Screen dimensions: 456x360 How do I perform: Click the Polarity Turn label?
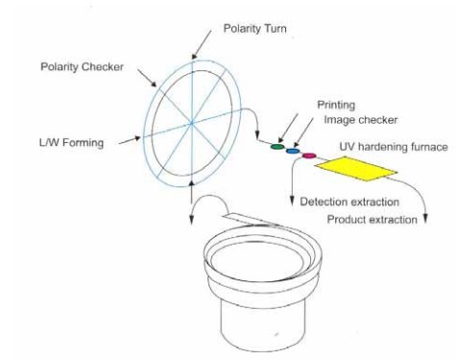(x=254, y=29)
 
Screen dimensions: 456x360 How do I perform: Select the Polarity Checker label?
(x=82, y=67)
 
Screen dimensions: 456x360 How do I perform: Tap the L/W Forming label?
(x=71, y=142)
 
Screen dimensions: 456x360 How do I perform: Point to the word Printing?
(x=336, y=105)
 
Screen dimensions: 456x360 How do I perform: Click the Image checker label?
(x=361, y=120)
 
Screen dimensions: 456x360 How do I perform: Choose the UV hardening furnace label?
(x=394, y=147)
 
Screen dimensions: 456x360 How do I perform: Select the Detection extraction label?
(x=349, y=202)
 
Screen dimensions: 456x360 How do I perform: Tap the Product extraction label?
(x=372, y=220)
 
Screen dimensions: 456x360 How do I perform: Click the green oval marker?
(x=277, y=147)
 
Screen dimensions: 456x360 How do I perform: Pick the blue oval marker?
(x=293, y=151)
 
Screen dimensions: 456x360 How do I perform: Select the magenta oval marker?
(x=309, y=156)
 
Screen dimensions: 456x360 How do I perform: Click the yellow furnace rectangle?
(x=356, y=169)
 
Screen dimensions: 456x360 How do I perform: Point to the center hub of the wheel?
(x=192, y=123)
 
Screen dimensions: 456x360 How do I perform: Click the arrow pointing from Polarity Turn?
(x=202, y=45)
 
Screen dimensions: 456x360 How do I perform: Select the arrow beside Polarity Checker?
(x=147, y=78)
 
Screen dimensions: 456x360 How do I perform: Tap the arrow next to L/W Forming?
(x=130, y=141)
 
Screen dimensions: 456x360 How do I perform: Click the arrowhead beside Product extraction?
(x=425, y=218)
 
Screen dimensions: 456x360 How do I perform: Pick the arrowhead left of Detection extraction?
(x=292, y=201)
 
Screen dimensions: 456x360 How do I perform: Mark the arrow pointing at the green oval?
(x=288, y=128)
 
